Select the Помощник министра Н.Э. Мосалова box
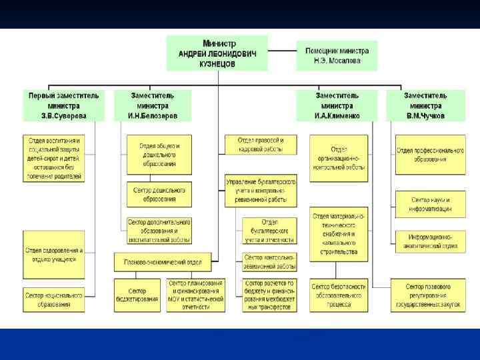point(337,55)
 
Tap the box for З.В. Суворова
point(63,105)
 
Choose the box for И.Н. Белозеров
point(153,105)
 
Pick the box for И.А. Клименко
point(337,105)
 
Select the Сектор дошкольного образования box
point(159,195)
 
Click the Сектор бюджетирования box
point(137,295)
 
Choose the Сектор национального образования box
point(54,300)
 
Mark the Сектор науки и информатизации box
point(430,204)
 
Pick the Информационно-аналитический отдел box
point(430,241)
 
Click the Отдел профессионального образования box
point(430,155)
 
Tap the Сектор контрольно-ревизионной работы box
point(269,261)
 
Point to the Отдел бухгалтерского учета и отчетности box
point(269,230)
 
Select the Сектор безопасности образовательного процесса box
point(339,295)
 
